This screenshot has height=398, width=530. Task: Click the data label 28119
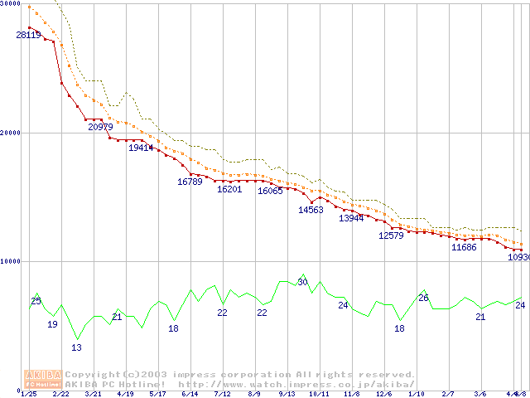28,35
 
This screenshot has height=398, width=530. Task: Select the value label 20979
100,127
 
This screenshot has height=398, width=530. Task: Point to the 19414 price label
141,148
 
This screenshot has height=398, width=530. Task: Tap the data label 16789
190,182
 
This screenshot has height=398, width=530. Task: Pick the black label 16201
229,189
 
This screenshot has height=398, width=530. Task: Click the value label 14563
311,210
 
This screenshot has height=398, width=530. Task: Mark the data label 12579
391,235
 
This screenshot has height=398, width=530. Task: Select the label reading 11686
463,247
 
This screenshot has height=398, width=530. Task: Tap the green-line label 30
302,282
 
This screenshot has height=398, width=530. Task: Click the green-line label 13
76,347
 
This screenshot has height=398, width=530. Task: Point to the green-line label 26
423,298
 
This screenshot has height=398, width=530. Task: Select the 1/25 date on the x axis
28,394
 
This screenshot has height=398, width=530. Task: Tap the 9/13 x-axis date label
287,394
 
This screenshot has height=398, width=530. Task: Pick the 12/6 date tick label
383,394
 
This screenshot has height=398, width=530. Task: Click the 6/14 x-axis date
189,394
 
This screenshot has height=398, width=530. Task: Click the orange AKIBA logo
42,379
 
